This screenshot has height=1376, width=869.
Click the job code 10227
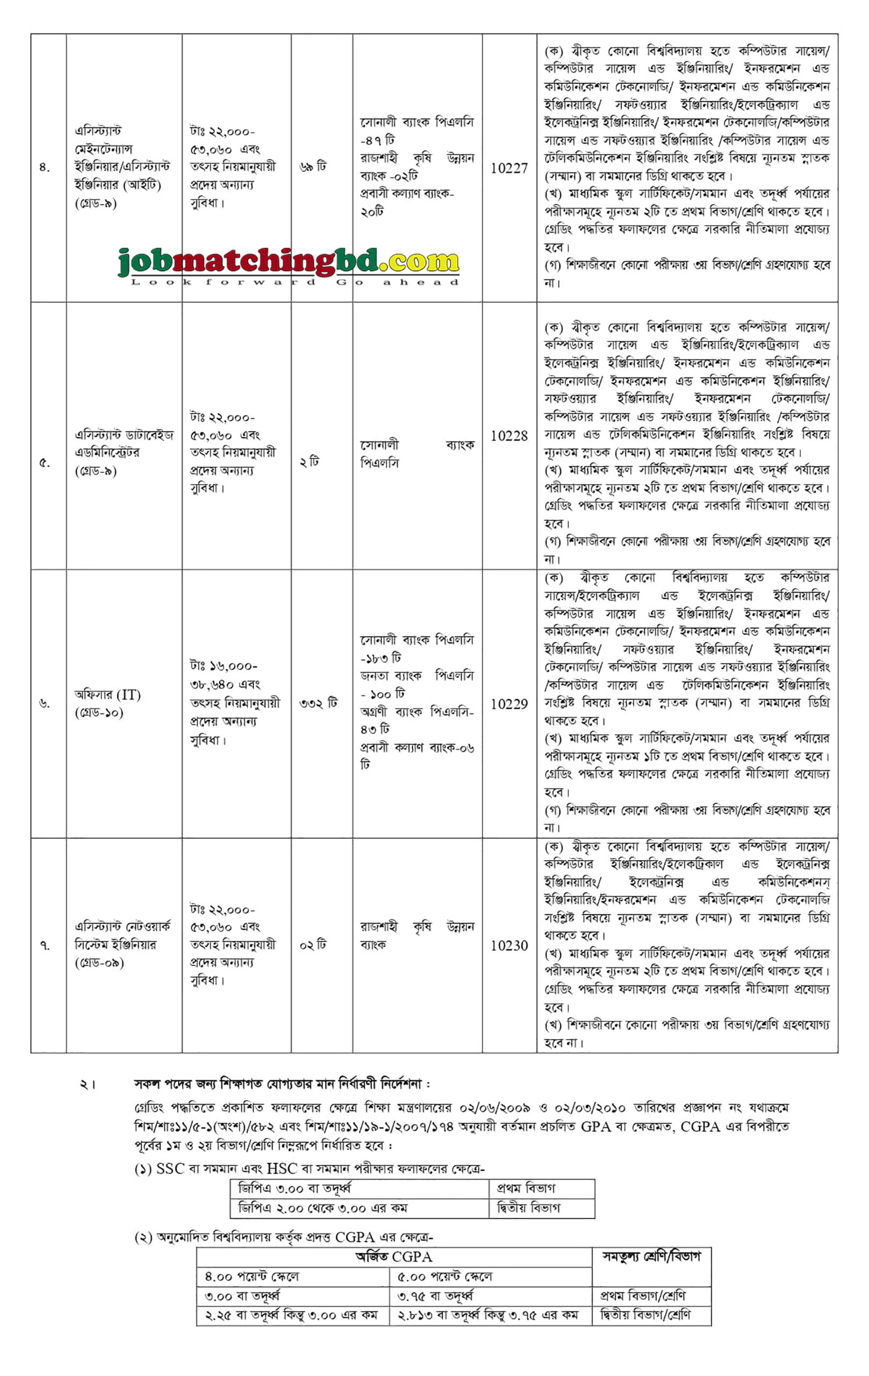[x=509, y=168]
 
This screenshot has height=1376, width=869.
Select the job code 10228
[x=509, y=436]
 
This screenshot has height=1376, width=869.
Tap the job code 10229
[x=509, y=705]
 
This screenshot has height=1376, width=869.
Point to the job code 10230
[x=509, y=945]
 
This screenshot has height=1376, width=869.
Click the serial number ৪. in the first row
[x=45, y=168]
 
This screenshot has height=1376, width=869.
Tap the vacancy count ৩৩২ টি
[x=318, y=704]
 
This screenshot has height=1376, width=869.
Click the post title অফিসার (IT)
[x=107, y=695]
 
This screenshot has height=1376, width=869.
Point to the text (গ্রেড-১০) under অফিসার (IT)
[x=99, y=713]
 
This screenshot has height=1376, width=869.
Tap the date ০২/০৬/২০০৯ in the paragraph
[x=495, y=1108]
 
